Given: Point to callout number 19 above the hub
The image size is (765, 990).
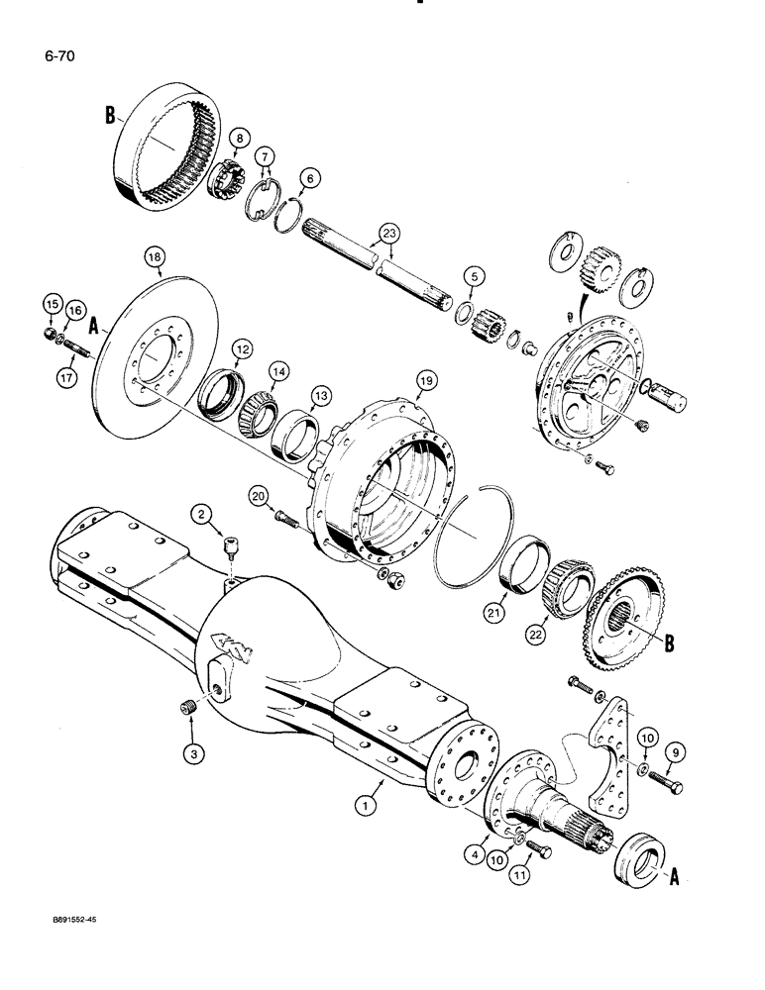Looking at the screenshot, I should [426, 379].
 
